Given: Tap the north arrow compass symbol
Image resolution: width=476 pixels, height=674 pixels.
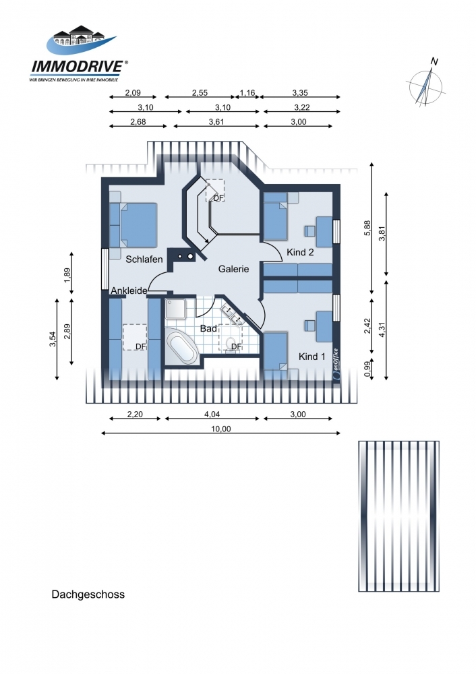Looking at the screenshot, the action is (x=425, y=84).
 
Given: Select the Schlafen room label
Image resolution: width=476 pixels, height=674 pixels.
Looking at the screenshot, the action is (x=144, y=259).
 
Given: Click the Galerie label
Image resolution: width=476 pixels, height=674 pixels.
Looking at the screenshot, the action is (x=233, y=269).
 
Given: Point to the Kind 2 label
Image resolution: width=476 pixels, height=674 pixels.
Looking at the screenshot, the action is (x=300, y=252).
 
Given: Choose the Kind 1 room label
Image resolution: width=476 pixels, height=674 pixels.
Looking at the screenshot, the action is (x=311, y=357).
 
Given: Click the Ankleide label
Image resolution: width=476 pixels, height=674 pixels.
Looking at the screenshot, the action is (x=129, y=290).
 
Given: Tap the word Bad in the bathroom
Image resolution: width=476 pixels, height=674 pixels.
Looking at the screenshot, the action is (x=208, y=328).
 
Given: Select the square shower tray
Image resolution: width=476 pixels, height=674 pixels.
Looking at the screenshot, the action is (x=175, y=309).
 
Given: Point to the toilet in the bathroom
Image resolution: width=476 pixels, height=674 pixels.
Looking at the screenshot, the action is (x=231, y=344).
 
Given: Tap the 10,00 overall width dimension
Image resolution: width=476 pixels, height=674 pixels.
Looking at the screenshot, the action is (x=220, y=429).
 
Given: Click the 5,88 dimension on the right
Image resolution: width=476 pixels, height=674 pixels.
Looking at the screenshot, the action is (x=367, y=228).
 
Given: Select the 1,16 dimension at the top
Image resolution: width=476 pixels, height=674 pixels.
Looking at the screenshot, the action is (x=247, y=93).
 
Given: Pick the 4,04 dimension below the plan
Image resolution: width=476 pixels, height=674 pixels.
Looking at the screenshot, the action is (x=212, y=415).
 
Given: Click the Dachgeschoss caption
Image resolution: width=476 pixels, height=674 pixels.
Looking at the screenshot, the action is (x=88, y=594).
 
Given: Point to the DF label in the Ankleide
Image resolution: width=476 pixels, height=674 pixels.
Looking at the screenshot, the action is (x=141, y=346).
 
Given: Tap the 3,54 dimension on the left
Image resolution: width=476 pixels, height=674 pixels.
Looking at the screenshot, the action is (x=53, y=339).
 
